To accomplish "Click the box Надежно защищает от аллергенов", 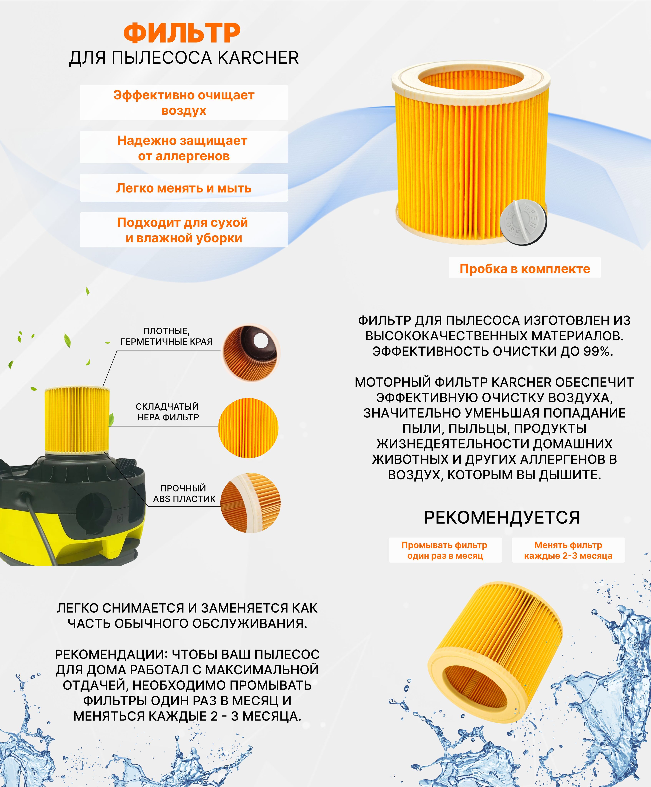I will [184, 148].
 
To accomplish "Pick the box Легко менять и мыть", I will [184, 188].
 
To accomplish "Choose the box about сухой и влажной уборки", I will [184, 230].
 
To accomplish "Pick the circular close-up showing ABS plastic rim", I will [250, 502].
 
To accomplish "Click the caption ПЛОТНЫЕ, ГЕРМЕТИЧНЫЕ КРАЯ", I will [166, 336].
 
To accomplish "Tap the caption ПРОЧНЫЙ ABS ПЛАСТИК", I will [184, 493].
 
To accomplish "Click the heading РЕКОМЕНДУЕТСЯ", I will [502, 517].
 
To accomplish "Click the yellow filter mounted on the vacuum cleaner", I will [77, 420].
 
